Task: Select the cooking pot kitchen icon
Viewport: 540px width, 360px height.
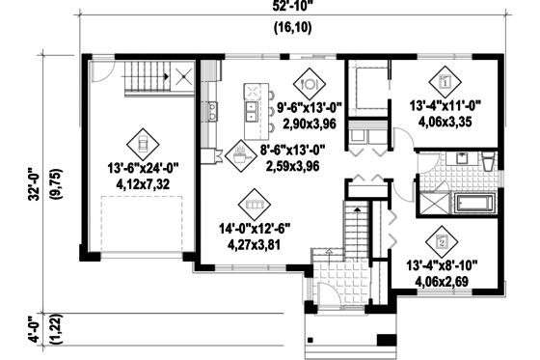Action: [x=238, y=153]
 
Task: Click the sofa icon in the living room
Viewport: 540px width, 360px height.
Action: [x=255, y=206]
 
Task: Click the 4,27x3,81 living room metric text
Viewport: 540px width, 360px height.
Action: [x=255, y=244]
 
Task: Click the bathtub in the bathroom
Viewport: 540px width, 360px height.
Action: [x=475, y=204]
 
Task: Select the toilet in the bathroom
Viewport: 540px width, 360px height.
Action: [x=487, y=160]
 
